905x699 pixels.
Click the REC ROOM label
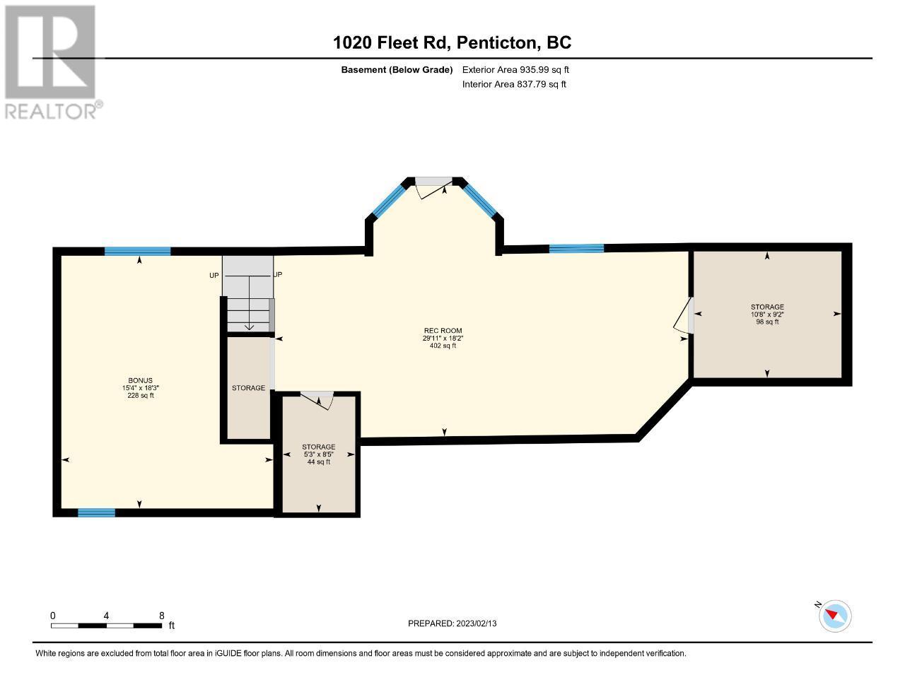[443, 331]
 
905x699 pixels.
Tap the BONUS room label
[140, 380]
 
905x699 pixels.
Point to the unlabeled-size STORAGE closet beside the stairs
[248, 388]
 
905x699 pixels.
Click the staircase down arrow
[249, 326]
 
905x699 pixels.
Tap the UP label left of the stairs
[214, 275]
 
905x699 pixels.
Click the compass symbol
[835, 616]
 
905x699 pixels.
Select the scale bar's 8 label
[162, 616]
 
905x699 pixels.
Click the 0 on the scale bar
[53, 616]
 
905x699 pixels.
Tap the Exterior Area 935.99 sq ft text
[515, 70]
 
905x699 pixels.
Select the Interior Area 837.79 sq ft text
[514, 84]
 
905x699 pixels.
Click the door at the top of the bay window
[433, 186]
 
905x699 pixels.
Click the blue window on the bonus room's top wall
[137, 251]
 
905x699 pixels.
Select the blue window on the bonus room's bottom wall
[96, 512]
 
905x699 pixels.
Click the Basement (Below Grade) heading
[397, 70]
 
